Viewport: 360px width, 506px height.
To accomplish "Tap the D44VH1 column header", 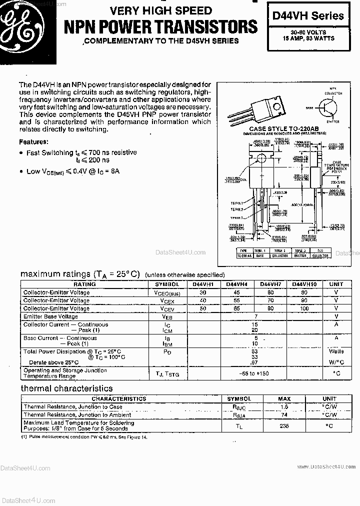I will tap(203, 284).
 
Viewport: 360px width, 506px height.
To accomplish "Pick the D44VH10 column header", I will tap(304, 284).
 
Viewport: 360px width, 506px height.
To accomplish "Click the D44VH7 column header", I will tap(270, 284).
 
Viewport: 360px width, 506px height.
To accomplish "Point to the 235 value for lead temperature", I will tap(284, 425).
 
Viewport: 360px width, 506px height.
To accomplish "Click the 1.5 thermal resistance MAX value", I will tap(284, 407).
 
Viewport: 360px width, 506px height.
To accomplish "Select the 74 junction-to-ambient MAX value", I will tap(284, 414).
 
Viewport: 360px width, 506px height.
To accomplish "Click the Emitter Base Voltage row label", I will tap(50, 316).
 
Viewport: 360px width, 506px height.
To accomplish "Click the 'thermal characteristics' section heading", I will tap(66, 388).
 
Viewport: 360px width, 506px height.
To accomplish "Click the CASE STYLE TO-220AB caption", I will tap(284, 128).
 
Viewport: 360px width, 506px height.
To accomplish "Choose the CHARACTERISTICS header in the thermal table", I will tap(119, 399).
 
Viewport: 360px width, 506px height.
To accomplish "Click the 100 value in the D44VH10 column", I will tap(304, 308).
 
